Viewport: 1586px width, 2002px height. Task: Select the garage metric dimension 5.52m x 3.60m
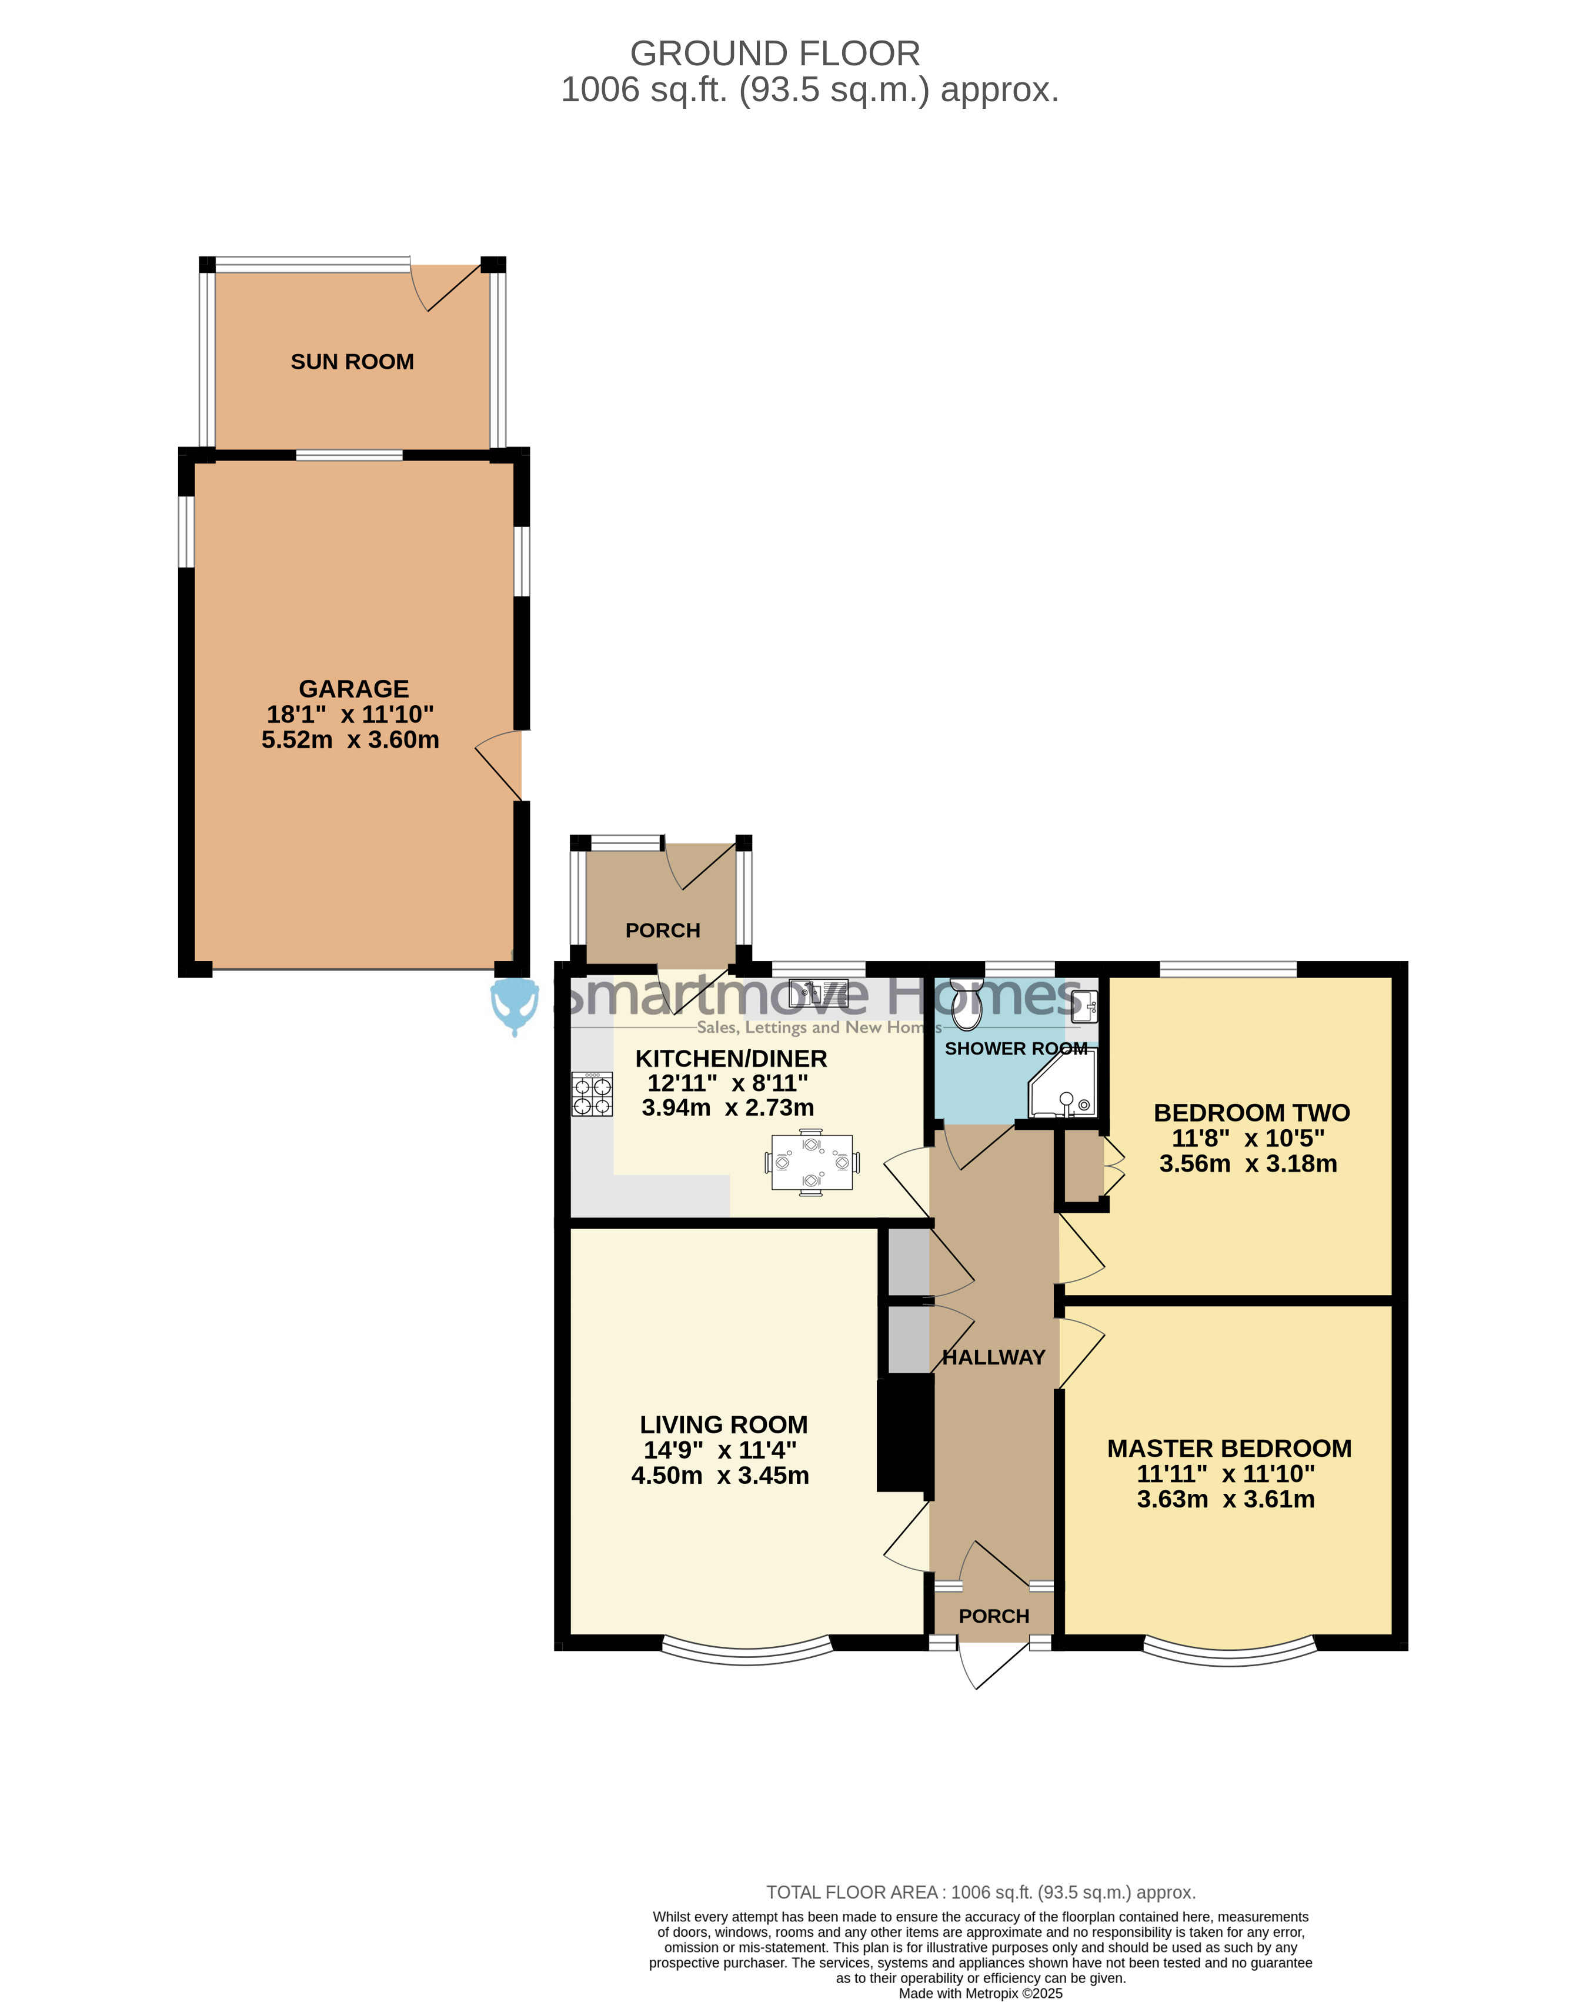[x=350, y=740]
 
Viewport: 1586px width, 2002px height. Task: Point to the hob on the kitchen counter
[x=592, y=1094]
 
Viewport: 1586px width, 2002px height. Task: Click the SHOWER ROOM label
[x=1016, y=1049]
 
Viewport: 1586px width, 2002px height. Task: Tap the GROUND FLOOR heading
[x=775, y=54]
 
